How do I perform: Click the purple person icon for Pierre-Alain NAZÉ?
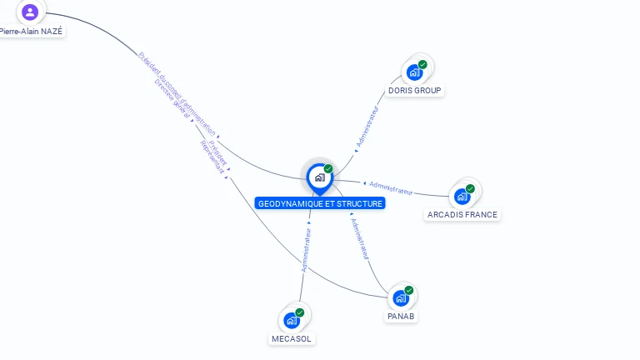coord(30,12)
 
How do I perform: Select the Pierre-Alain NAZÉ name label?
coord(31,31)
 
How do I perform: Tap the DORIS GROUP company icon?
coord(414,72)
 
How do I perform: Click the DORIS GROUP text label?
coord(414,90)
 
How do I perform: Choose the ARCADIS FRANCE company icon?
coord(462,197)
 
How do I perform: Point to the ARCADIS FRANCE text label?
coord(462,214)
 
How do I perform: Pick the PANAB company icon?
coord(401,298)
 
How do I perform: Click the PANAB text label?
coord(401,316)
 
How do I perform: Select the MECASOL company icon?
coord(292,320)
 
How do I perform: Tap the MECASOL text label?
coord(292,338)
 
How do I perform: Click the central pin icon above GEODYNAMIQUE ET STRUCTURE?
coord(319,177)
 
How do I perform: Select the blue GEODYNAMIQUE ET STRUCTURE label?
coord(320,203)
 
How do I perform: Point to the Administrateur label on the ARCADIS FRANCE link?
coord(390,187)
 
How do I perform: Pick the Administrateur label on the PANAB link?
coord(360,238)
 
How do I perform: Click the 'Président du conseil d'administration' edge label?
coord(177,92)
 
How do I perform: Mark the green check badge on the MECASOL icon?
coord(300,312)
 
